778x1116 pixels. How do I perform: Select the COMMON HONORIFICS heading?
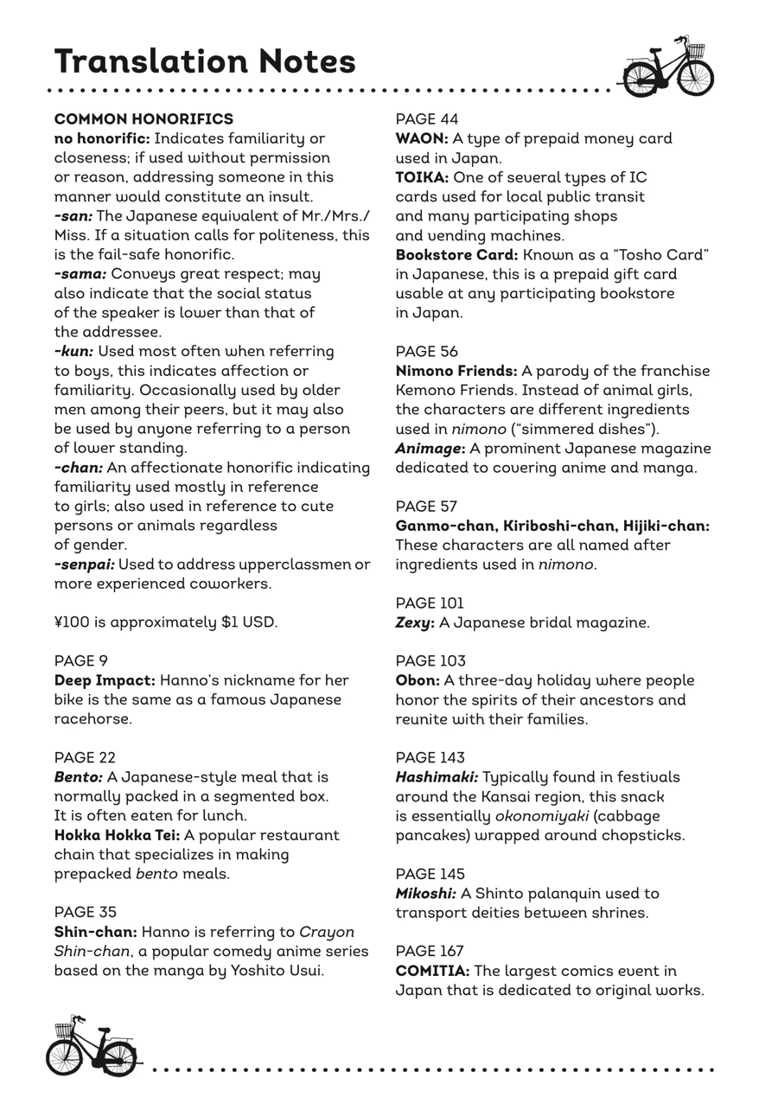coord(143,119)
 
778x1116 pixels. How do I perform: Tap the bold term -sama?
coord(80,274)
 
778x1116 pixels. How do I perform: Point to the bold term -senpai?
coord(84,564)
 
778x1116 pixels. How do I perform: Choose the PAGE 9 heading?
coord(81,661)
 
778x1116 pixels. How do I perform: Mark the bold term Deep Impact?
coord(105,680)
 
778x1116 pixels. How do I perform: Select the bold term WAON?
coord(422,138)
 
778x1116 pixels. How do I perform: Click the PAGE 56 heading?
coord(427,352)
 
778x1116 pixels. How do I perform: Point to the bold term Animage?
coord(430,449)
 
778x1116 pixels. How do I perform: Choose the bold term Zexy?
coord(415,622)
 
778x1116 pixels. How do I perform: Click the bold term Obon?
coord(418,680)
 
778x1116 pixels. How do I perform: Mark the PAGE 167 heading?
coord(430,951)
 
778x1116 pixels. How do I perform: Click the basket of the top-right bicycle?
coord(695,51)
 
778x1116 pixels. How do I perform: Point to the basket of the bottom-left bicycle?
coord(64,1030)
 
